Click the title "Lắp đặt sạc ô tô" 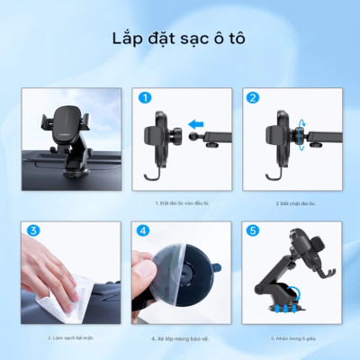[180, 40]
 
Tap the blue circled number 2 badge [252, 98]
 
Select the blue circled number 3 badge [33, 231]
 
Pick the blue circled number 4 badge [144, 231]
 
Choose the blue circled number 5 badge [252, 231]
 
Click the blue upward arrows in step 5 [284, 307]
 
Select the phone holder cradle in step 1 [162, 135]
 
